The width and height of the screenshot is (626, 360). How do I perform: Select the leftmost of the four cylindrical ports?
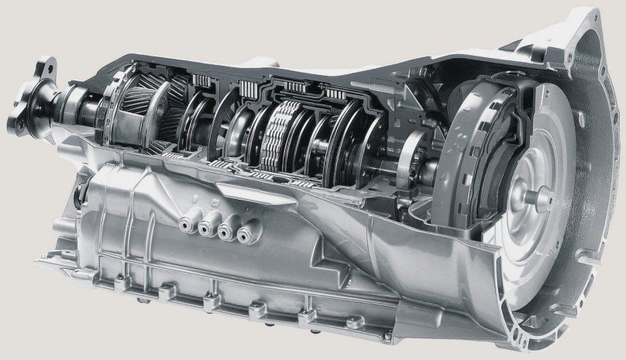tap(187, 224)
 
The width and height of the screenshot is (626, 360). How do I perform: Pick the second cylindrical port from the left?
tap(208, 227)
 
